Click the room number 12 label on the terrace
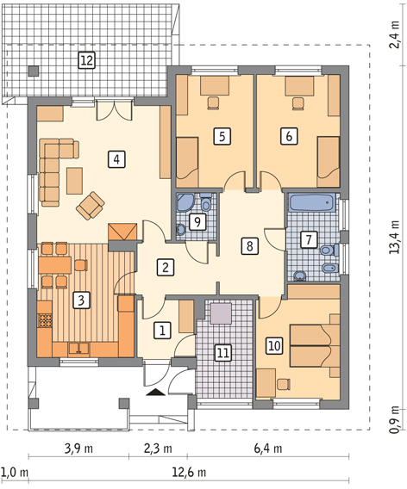[x=86, y=60]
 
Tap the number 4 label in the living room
[x=116, y=159]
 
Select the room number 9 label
[x=197, y=222]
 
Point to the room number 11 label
[x=223, y=353]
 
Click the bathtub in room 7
[x=312, y=202]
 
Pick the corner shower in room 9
[x=186, y=202]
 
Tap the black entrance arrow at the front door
[x=155, y=393]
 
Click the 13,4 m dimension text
[x=394, y=237]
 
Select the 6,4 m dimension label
[x=268, y=449]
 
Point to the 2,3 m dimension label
[x=158, y=449]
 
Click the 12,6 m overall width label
[x=190, y=473]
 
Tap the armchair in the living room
[x=91, y=206]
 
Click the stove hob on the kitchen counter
[x=45, y=320]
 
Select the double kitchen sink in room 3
[x=79, y=349]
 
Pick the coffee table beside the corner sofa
[x=74, y=181]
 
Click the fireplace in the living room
[x=122, y=232]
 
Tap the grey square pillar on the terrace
[x=34, y=71]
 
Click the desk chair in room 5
[x=213, y=103]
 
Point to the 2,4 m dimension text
[x=394, y=34]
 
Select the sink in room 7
[x=300, y=276]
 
